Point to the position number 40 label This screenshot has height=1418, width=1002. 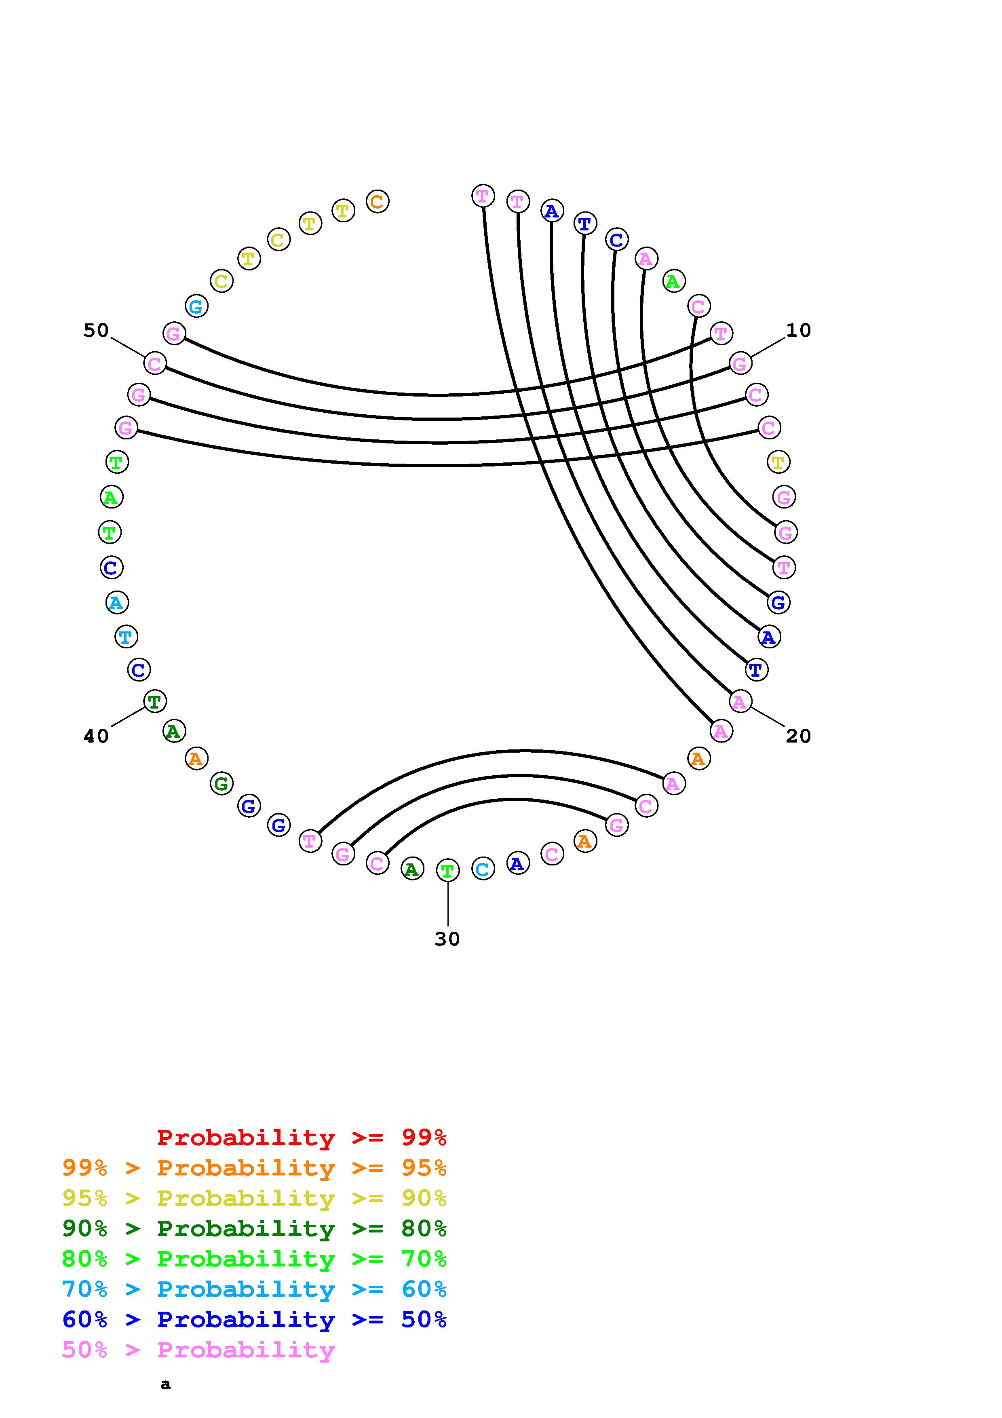coord(96,736)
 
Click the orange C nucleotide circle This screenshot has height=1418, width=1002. coord(377,201)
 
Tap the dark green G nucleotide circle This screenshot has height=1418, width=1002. coord(221,784)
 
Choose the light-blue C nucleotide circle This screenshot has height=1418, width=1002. coord(483,869)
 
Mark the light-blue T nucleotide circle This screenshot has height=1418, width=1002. coord(126,636)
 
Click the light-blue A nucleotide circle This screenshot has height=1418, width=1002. coord(116,602)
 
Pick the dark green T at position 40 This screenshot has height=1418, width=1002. coord(154,702)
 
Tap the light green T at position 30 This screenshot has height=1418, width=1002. coord(447,871)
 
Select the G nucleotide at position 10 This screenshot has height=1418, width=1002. coord(740,364)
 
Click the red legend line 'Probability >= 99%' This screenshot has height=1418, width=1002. coord(302,1137)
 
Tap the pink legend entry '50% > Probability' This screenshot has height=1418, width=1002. coord(199,1349)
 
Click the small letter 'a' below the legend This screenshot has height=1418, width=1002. coord(165,1384)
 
